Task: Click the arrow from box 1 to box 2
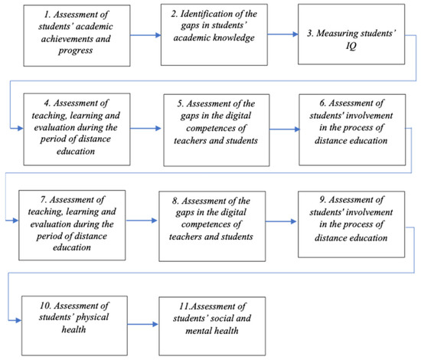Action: click(138, 33)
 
